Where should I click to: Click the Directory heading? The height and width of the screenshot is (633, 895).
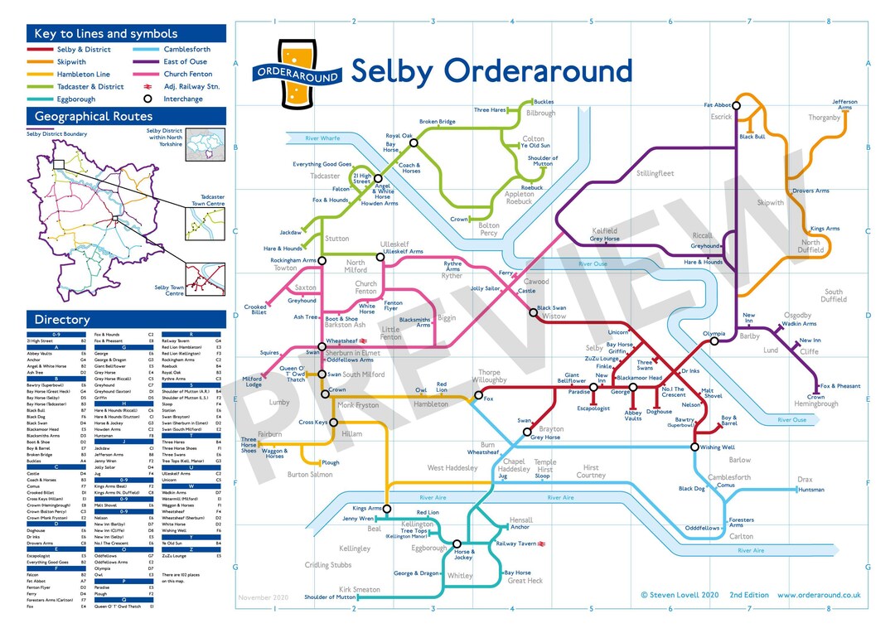pyautogui.click(x=62, y=320)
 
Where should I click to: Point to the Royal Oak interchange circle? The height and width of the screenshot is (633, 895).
pyautogui.click(x=414, y=143)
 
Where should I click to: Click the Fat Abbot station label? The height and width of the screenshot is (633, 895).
pyautogui.click(x=718, y=105)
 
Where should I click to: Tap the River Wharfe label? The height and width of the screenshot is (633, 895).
pyautogui.click(x=323, y=138)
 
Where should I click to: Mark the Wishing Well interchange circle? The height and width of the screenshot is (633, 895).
pyautogui.click(x=694, y=447)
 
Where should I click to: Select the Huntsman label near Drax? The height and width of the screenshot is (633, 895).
pyautogui.click(x=811, y=490)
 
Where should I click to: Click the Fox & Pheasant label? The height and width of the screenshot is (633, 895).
pyautogui.click(x=840, y=386)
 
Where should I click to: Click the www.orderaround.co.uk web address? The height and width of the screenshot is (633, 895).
pyautogui.click(x=819, y=595)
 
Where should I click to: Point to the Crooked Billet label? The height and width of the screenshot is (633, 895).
pyautogui.click(x=255, y=309)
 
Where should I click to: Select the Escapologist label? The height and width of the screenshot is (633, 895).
pyautogui.click(x=593, y=408)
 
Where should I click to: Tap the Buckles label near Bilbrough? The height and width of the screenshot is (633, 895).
pyautogui.click(x=544, y=102)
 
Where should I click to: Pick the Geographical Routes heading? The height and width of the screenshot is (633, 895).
pyautogui.click(x=94, y=117)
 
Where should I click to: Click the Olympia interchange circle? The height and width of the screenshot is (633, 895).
pyautogui.click(x=714, y=341)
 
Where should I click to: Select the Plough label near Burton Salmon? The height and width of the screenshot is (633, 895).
pyautogui.click(x=330, y=463)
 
